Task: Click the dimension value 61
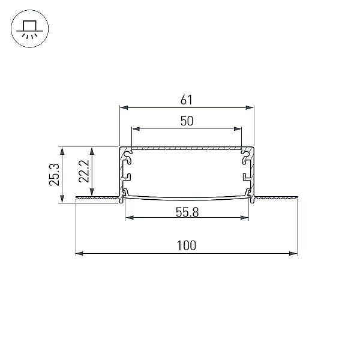[x=186, y=100]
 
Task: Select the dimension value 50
[x=187, y=121]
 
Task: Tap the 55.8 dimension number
[x=187, y=212]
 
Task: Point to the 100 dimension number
[x=187, y=245]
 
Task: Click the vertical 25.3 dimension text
[x=55, y=174]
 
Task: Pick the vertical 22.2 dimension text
[x=84, y=171]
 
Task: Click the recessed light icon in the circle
[x=29, y=29]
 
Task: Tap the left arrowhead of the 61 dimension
[x=124, y=107]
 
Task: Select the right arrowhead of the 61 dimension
[x=250, y=107]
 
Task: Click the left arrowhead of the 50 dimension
[x=136, y=129]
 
